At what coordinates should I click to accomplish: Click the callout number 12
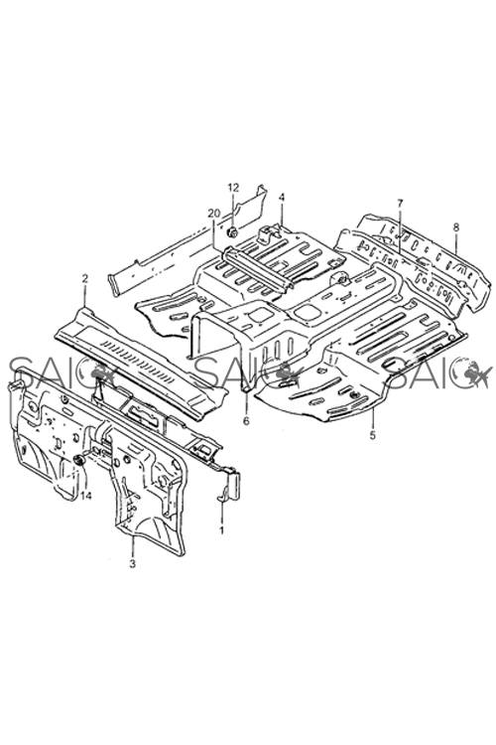coord(233,187)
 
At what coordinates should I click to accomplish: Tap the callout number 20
coord(213,214)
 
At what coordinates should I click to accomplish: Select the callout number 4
coord(281,197)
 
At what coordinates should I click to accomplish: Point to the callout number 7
coord(400,203)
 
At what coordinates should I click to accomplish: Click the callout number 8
coord(456,226)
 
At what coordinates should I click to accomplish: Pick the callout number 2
coord(85,279)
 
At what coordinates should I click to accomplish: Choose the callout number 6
coord(246,421)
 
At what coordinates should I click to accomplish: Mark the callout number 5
coord(373,434)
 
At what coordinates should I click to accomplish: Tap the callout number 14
coord(86,496)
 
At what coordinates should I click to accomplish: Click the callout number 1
coord(221,529)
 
